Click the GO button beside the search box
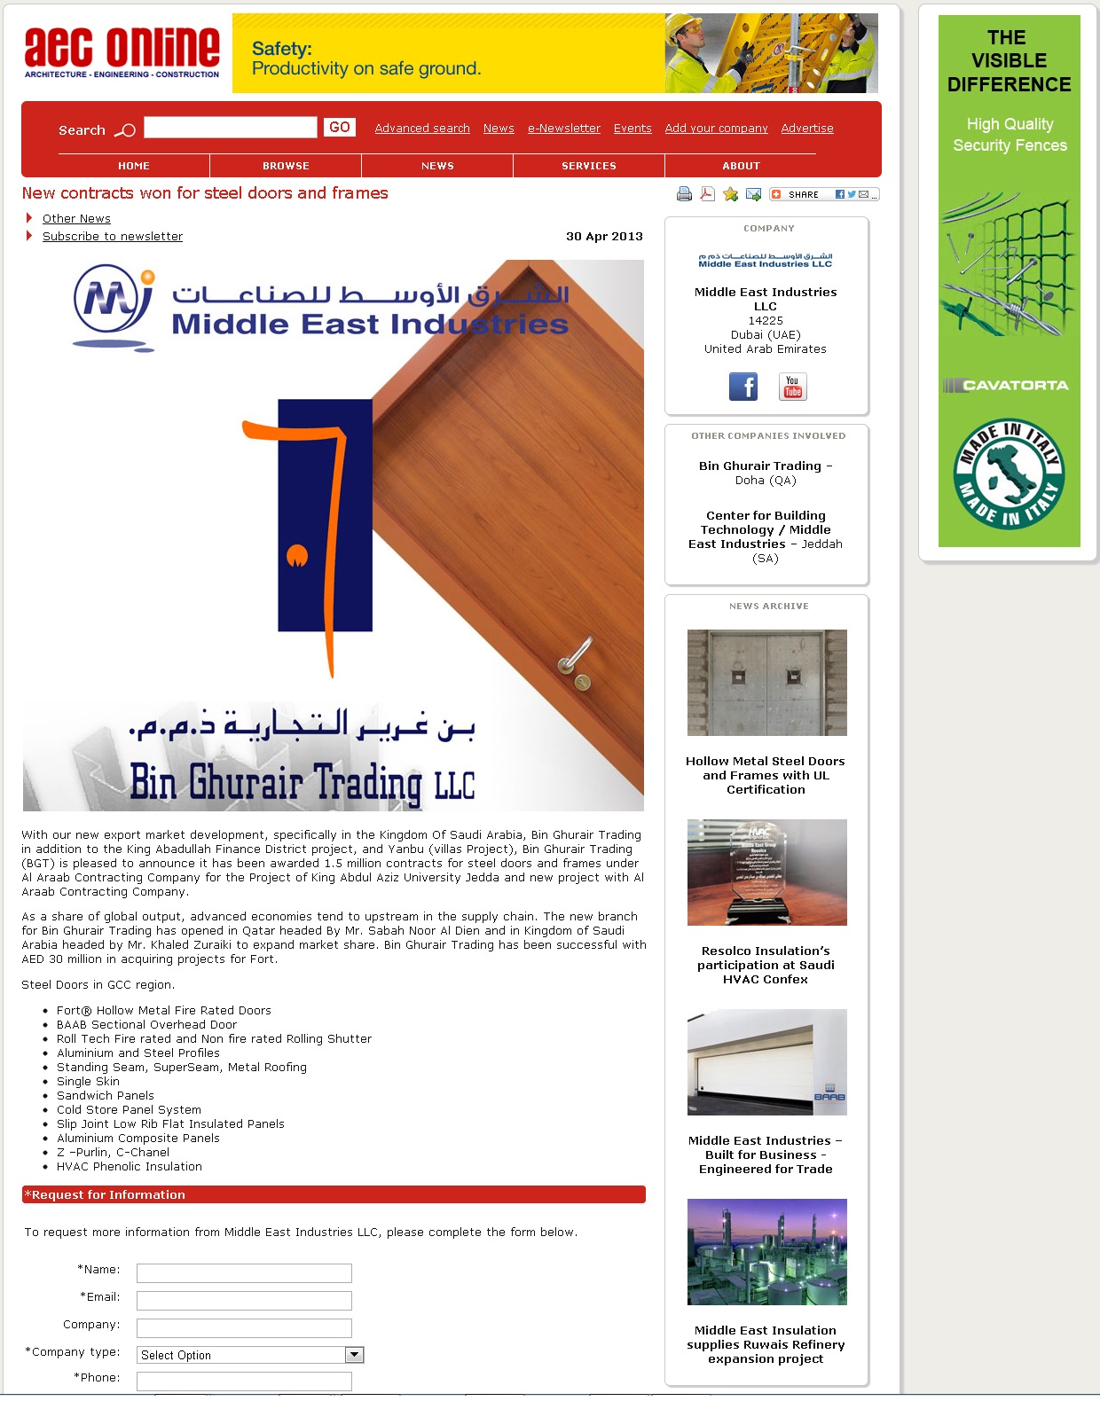340,128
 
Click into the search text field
231,128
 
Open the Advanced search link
422,129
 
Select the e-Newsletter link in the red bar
564,129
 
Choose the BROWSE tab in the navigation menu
286,166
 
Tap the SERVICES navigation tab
589,166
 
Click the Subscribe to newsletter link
113,237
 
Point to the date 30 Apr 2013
604,237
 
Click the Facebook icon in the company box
743,387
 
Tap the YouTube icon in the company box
792,387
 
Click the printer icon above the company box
684,194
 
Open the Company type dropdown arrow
354,1355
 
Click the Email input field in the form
244,1301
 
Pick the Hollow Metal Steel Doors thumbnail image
767,683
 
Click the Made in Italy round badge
1010,474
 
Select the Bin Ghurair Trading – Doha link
765,466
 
